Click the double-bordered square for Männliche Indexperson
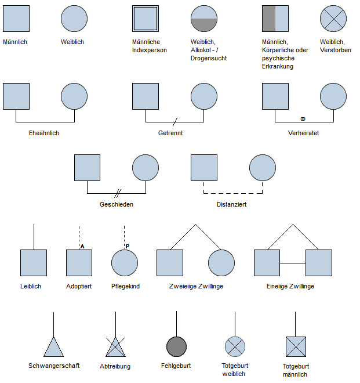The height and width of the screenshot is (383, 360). pos(146,19)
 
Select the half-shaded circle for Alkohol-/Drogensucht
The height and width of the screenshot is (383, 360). pos(204,19)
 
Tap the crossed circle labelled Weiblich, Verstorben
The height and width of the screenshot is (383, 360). pos(333,19)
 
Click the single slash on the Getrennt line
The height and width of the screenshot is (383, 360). pos(175,122)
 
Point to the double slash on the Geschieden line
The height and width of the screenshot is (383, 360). pos(118,193)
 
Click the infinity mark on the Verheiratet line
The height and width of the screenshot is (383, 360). pos(303,119)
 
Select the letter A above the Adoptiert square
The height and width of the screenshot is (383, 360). pos(82,247)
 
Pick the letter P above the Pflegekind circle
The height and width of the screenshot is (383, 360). pos(128,246)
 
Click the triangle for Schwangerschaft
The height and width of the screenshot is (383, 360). pos(54,347)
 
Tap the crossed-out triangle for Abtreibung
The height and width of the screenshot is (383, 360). pos(115,347)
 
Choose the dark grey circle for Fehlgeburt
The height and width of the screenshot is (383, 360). pos(176,346)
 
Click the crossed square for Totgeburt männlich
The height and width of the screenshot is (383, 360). pos(296,346)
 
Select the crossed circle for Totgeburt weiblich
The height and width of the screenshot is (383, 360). pos(235,346)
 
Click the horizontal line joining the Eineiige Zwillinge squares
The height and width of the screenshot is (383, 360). pos(293,263)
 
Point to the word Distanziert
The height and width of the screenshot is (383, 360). pos(232,204)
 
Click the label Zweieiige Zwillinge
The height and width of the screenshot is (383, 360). pos(196,286)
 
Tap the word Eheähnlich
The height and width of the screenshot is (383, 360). pos(44,133)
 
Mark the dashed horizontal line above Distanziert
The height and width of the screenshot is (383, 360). pos(233,193)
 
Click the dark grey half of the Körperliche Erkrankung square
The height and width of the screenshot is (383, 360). pos(269,19)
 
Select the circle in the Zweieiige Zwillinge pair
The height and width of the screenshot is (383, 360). pos(221,263)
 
